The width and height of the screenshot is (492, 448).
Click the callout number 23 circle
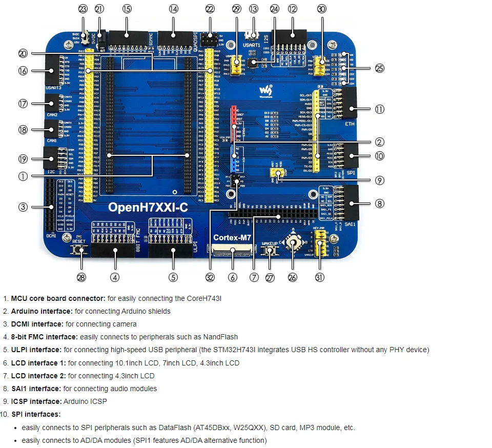(83, 9)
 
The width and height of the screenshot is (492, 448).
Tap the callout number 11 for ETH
(379, 109)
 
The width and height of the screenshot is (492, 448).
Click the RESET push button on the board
(79, 250)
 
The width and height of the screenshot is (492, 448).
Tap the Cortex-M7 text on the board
(232, 237)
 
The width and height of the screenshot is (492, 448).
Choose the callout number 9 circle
(379, 180)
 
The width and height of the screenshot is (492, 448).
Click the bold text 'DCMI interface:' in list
(37, 324)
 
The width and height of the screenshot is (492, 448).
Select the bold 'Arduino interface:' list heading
(42, 311)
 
